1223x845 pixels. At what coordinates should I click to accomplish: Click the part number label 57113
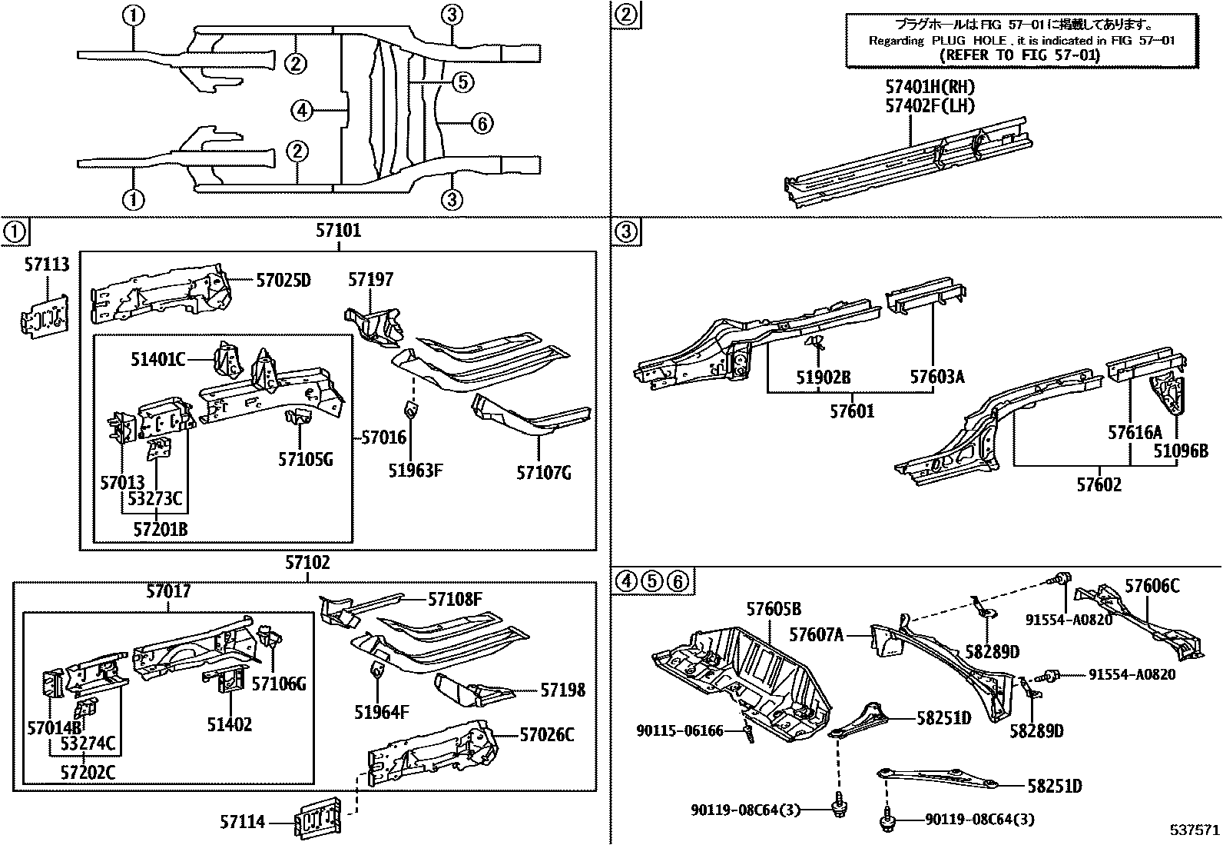(46, 264)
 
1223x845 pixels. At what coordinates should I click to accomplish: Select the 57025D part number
(283, 280)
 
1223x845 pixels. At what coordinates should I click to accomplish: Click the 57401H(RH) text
(930, 88)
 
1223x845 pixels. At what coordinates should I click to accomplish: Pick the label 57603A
(936, 377)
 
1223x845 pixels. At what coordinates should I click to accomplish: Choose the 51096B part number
(1180, 451)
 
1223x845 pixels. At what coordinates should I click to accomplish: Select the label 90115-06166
(680, 731)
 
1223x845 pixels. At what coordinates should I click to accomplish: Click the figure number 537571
(1194, 831)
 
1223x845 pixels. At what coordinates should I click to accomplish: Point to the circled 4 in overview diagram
(302, 111)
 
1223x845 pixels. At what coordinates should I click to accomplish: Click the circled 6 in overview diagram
(481, 123)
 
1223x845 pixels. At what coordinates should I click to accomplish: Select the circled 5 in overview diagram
(462, 82)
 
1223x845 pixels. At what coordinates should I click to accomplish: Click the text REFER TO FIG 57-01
(1020, 55)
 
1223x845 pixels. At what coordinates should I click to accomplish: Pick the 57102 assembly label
(307, 563)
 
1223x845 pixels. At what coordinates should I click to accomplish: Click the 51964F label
(381, 712)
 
